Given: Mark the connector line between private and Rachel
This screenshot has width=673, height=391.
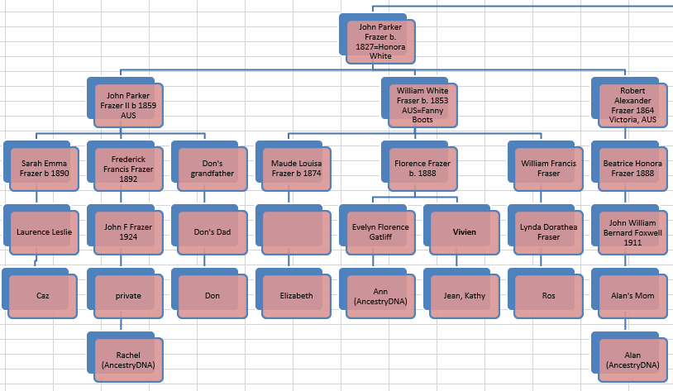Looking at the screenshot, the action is click(121, 324).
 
